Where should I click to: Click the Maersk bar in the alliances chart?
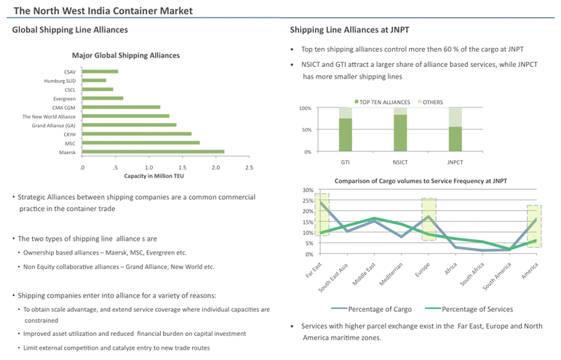(x=153, y=152)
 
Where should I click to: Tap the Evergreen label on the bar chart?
(x=64, y=98)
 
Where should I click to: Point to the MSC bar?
(x=140, y=143)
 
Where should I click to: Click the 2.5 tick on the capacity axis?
(x=249, y=167)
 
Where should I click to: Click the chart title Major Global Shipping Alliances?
(x=126, y=55)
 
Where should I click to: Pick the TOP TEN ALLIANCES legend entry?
(x=382, y=102)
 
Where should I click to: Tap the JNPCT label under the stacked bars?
(x=455, y=162)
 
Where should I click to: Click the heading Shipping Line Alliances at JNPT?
(x=349, y=30)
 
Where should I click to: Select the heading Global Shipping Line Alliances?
(x=70, y=30)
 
